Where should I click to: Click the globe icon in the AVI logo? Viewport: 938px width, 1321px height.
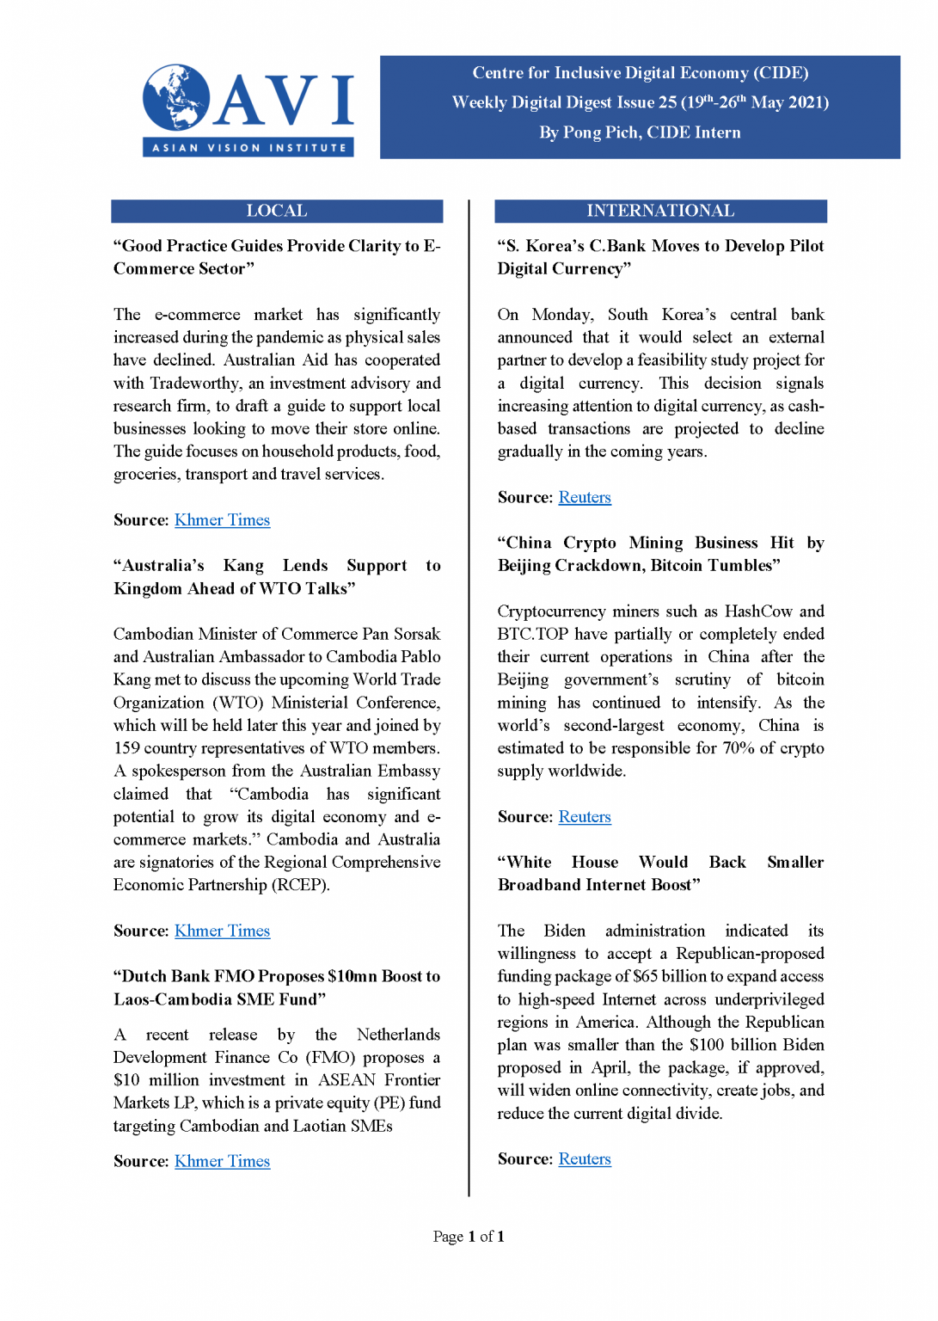coord(176,97)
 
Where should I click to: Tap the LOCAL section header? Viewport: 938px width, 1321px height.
coord(276,211)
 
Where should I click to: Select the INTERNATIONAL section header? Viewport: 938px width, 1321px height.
coord(659,211)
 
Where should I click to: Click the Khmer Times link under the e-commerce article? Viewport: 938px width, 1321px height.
coord(222,520)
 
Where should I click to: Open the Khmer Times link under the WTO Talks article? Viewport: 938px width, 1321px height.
coord(222,931)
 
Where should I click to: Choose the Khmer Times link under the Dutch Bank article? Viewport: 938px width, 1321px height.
coord(222,1162)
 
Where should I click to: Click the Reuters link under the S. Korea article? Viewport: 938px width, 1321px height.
coord(585,498)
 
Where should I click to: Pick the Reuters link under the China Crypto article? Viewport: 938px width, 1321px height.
coord(585,817)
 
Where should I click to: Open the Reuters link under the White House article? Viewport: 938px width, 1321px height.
coord(585,1159)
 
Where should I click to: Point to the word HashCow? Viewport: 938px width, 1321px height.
coord(758,611)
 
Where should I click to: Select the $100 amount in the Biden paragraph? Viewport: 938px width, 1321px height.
coord(707,1045)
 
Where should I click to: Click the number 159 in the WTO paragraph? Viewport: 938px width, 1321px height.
coord(126,748)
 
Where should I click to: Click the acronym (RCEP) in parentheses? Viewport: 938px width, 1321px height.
coord(300,885)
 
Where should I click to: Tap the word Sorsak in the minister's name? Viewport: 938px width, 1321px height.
coord(417,635)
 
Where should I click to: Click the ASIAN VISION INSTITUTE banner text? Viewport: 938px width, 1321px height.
coord(248,148)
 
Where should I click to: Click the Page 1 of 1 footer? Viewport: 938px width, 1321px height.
coord(469,1237)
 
